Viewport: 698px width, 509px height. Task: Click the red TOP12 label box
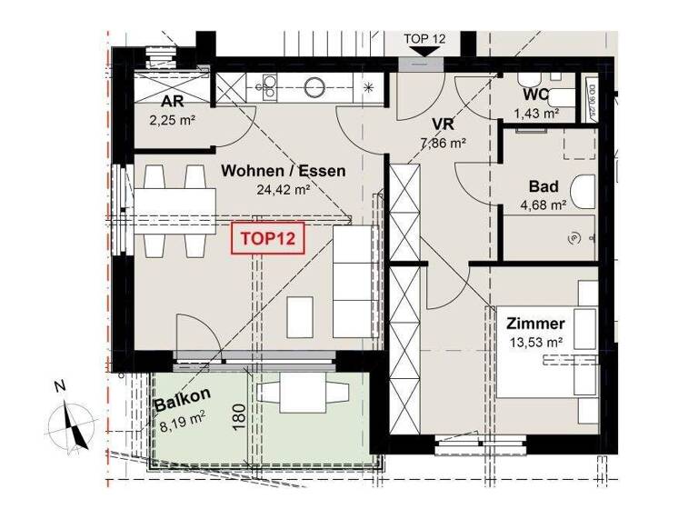[x=269, y=241]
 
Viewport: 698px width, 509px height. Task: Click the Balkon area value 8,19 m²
[x=181, y=419]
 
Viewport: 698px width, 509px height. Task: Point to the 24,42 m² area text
[x=284, y=190]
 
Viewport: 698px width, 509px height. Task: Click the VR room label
[x=443, y=125]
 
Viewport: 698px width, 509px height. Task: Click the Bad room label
[x=543, y=186]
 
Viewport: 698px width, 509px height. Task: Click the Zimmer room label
[x=536, y=323]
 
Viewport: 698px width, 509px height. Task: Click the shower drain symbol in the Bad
[x=573, y=238]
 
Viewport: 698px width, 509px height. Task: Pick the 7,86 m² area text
[x=443, y=143]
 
